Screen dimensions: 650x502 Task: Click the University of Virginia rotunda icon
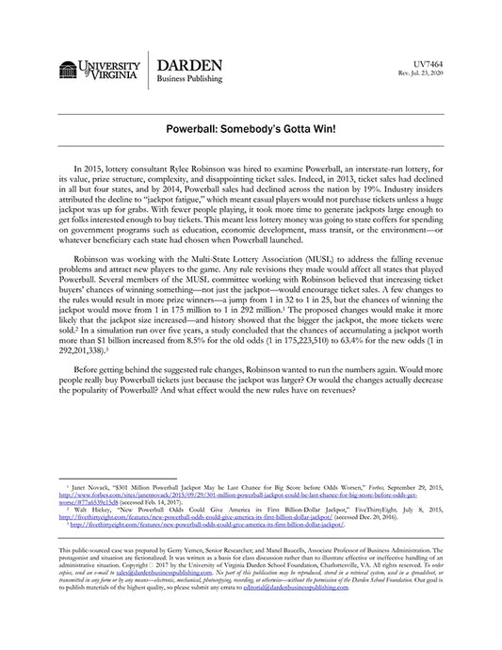point(68,72)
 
